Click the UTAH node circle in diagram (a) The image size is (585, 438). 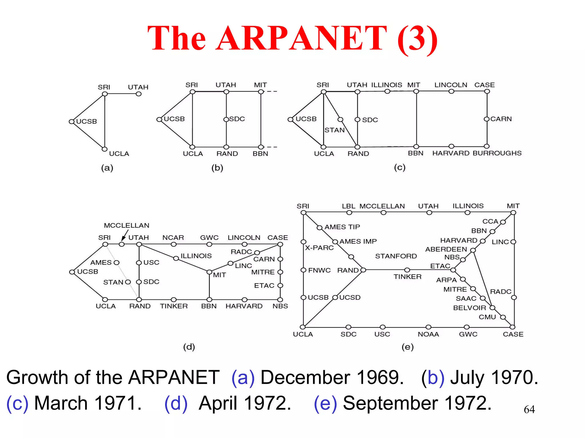pos(139,94)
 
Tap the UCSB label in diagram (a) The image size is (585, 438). pos(87,121)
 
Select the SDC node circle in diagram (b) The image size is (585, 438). pos(226,119)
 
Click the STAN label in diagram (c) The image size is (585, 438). pos(334,130)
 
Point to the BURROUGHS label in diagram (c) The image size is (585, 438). pos(497,153)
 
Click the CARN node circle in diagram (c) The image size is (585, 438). pos(487,119)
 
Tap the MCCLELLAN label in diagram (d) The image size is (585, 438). pos(127,226)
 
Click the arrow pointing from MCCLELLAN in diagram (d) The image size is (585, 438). pos(124,237)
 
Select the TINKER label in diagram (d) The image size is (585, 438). pos(174,306)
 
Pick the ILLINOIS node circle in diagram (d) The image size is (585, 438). pos(176,258)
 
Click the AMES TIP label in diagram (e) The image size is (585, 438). pos(342,227)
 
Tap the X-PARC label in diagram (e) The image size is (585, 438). pos(319,248)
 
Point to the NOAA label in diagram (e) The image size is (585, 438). pos(428,334)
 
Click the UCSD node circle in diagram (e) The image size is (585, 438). pos(335,298)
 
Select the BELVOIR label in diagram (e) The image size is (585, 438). pos(470,308)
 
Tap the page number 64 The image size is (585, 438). pos(529,409)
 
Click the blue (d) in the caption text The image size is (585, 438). pos(176,403)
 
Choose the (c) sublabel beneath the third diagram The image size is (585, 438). pos(400,167)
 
